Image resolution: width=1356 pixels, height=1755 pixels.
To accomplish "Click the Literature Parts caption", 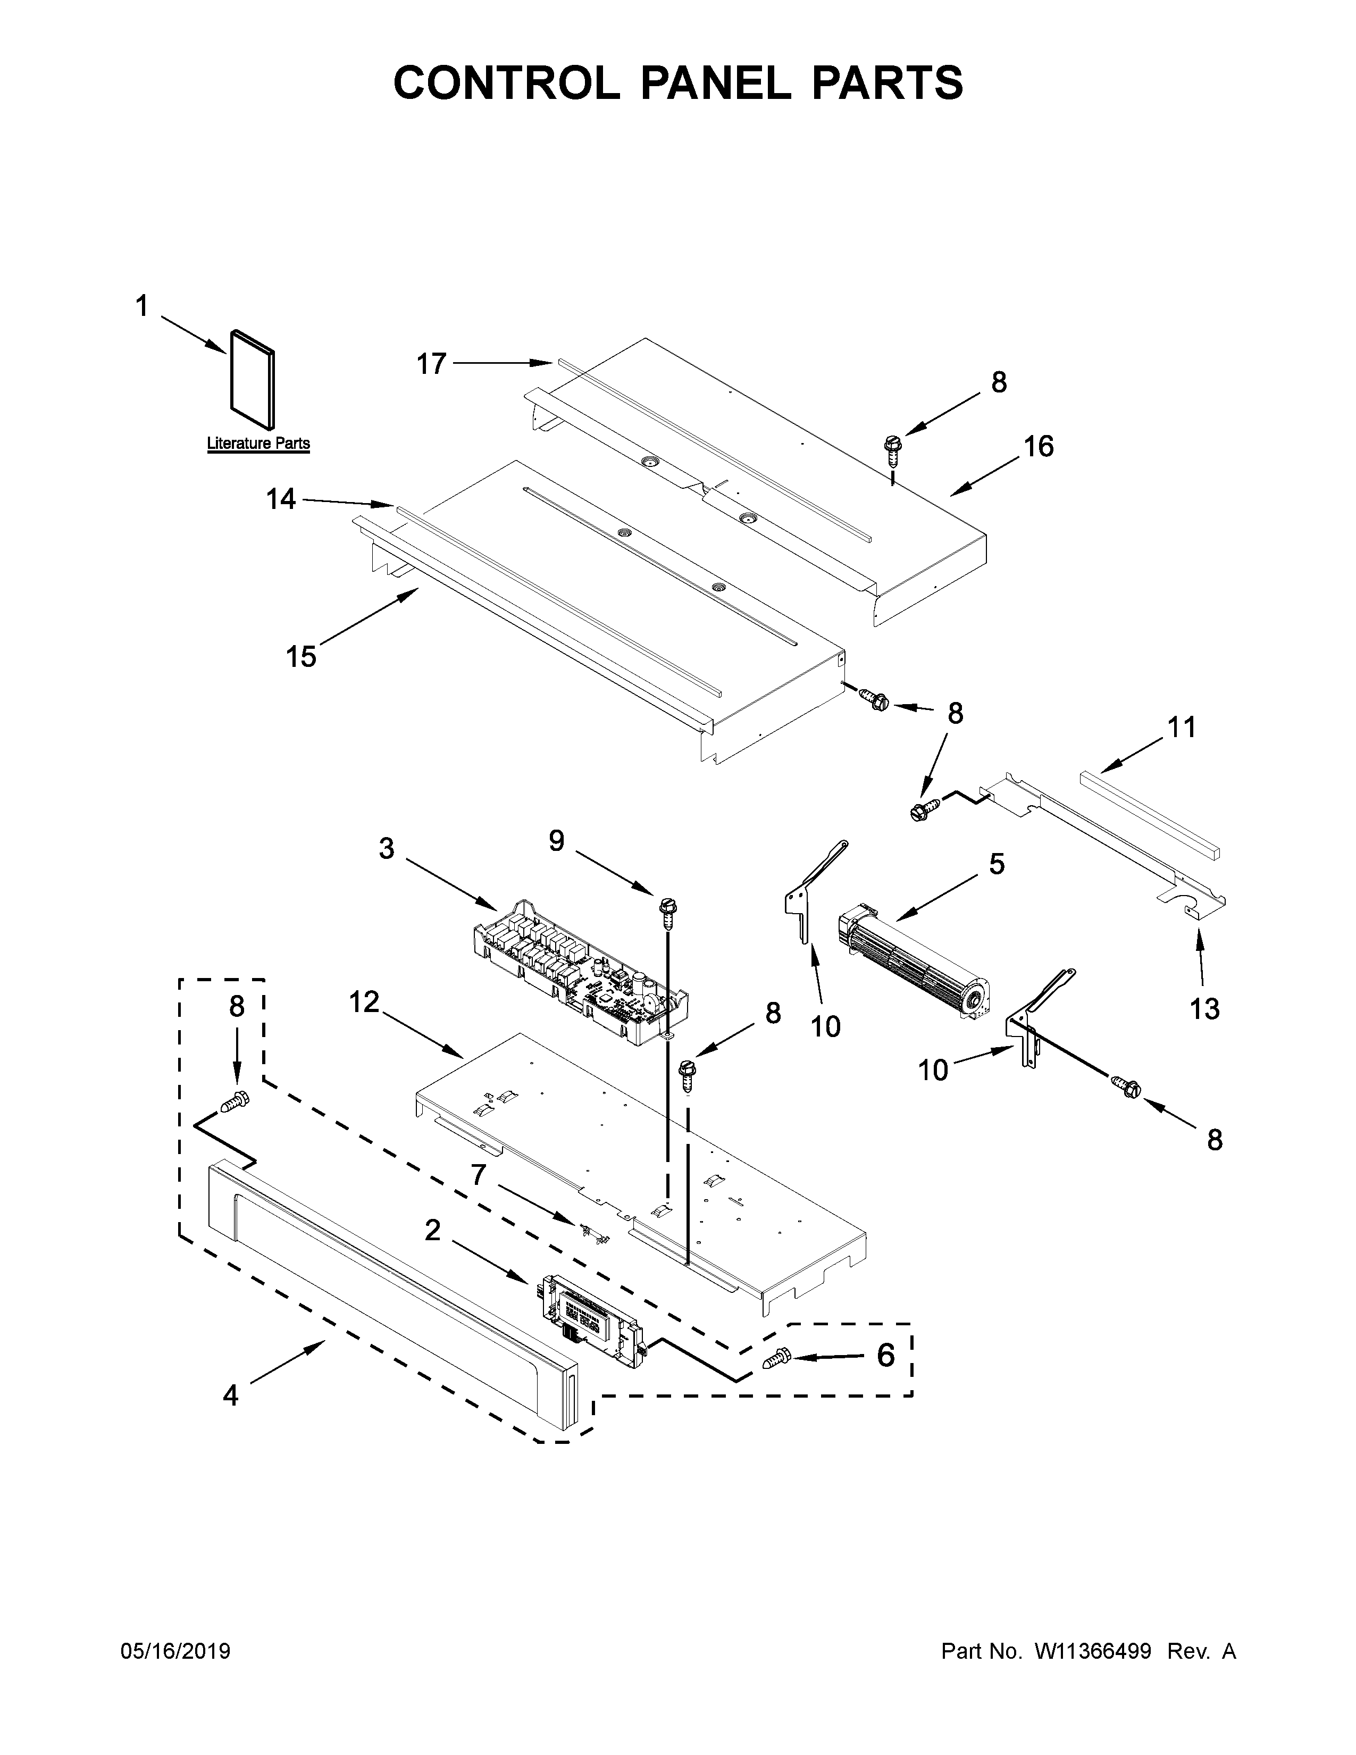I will [x=258, y=443].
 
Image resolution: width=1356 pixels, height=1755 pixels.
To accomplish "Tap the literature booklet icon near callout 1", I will [x=252, y=379].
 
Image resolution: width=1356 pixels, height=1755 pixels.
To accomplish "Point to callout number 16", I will [x=1038, y=447].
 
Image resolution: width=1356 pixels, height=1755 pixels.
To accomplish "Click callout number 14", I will [x=281, y=500].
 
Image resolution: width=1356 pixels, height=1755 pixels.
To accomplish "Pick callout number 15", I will [x=301, y=656].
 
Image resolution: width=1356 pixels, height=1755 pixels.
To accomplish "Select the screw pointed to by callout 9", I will [x=665, y=910].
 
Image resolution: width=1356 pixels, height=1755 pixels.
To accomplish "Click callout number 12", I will [x=363, y=1001].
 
